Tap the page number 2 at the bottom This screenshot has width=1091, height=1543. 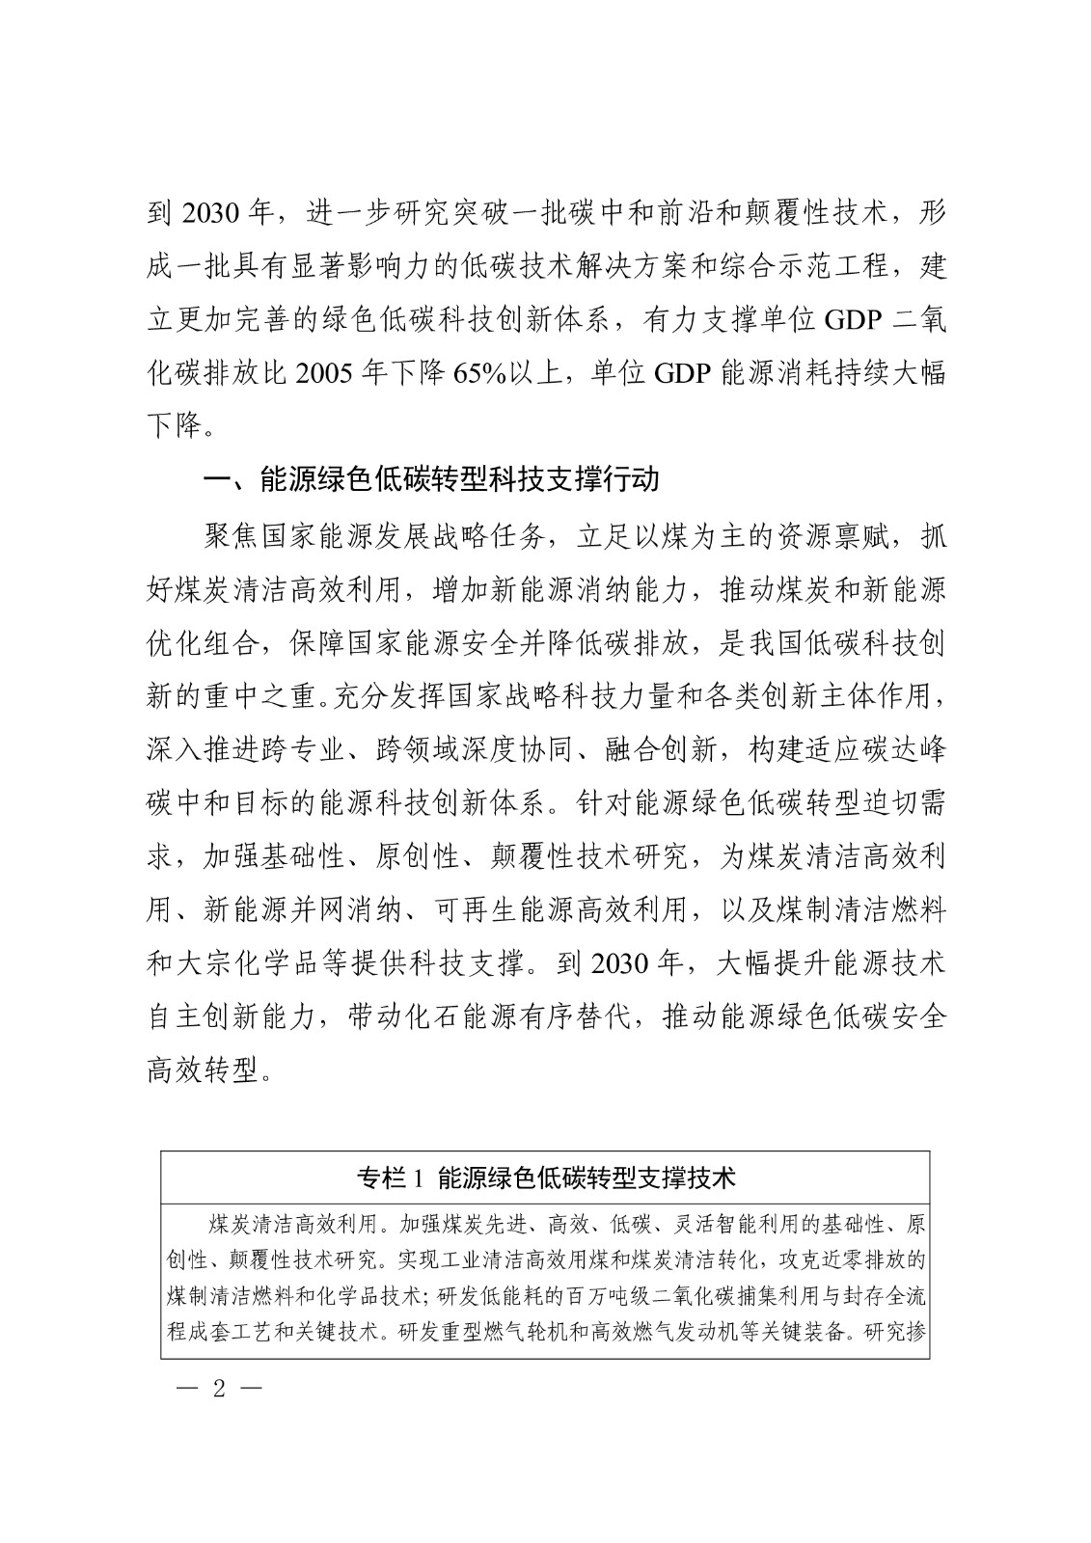(219, 1391)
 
